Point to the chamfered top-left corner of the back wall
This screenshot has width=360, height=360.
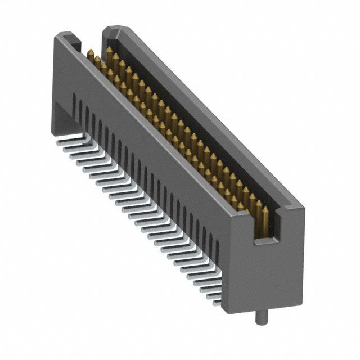coord(108,29)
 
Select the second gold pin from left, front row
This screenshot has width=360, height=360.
coord(97,60)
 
